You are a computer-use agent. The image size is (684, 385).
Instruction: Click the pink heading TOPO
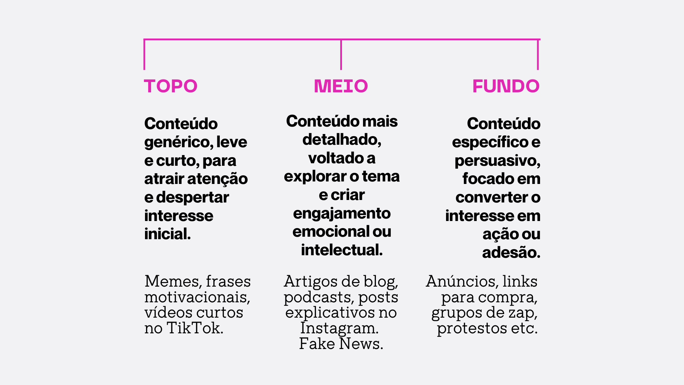pyautogui.click(x=170, y=86)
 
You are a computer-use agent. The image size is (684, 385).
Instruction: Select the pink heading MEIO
pyautogui.click(x=341, y=86)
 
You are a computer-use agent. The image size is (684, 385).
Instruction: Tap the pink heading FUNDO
pyautogui.click(x=506, y=86)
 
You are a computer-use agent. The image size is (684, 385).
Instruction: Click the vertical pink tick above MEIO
pyautogui.click(x=341, y=55)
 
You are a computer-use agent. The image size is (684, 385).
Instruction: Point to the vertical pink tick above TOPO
pyautogui.click(x=144, y=55)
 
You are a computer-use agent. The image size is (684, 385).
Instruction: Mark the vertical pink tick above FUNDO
pyautogui.click(x=538, y=55)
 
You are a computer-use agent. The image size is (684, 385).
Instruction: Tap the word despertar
pyautogui.click(x=192, y=197)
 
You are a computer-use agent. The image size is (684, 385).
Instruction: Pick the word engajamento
pyautogui.click(x=342, y=213)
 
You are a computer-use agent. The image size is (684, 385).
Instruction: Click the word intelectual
pyautogui.click(x=342, y=250)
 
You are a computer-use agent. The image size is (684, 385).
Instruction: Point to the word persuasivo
pyautogui.click(x=497, y=160)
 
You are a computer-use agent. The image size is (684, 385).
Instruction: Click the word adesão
pyautogui.click(x=511, y=252)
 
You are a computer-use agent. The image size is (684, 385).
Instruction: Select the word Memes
pyautogui.click(x=172, y=281)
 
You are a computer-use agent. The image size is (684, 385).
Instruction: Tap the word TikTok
pyautogui.click(x=195, y=328)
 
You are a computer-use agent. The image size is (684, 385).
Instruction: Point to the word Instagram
pyautogui.click(x=339, y=328)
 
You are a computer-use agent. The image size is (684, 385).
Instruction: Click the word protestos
pyautogui.click(x=472, y=328)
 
